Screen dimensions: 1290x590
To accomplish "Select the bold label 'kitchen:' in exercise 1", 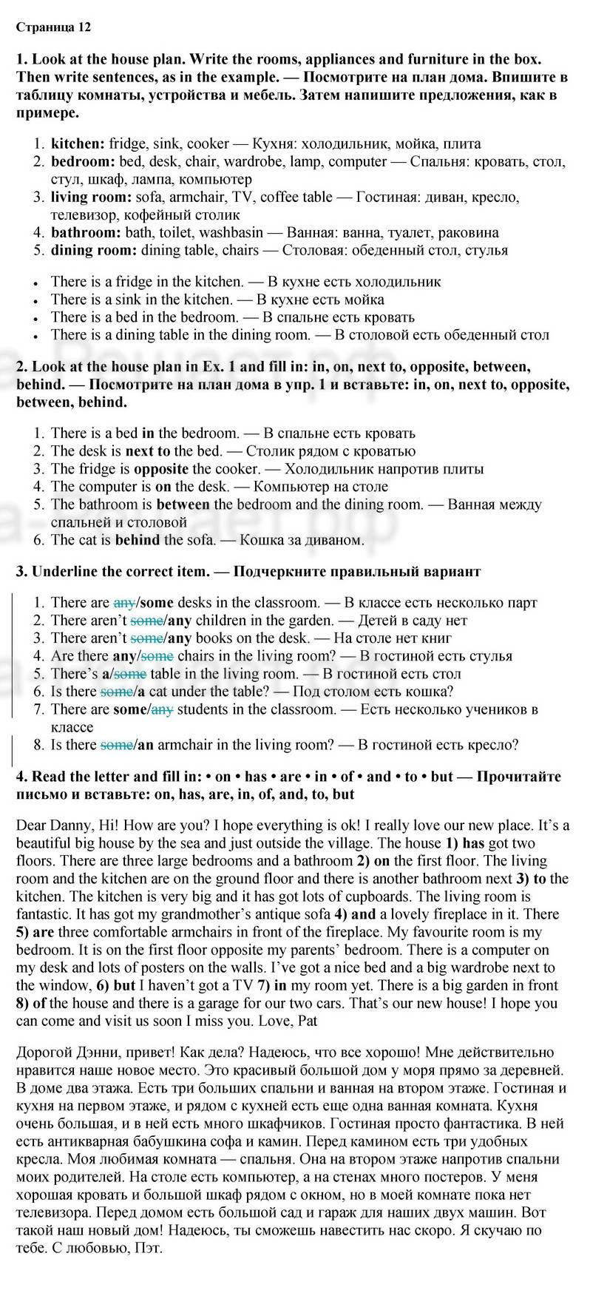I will pos(78,143).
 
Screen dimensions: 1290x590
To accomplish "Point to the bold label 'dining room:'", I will pos(94,250).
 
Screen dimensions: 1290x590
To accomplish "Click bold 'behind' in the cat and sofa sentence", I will pos(138,540).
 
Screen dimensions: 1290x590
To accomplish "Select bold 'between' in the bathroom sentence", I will pos(183,504).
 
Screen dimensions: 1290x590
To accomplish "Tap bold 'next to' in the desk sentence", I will pos(148,451).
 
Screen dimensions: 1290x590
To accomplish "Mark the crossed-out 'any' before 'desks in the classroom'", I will pos(123,603).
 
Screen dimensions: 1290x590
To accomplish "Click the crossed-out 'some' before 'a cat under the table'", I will pos(115,692).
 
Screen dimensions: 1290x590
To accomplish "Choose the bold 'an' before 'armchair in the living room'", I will pos(146,745).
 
